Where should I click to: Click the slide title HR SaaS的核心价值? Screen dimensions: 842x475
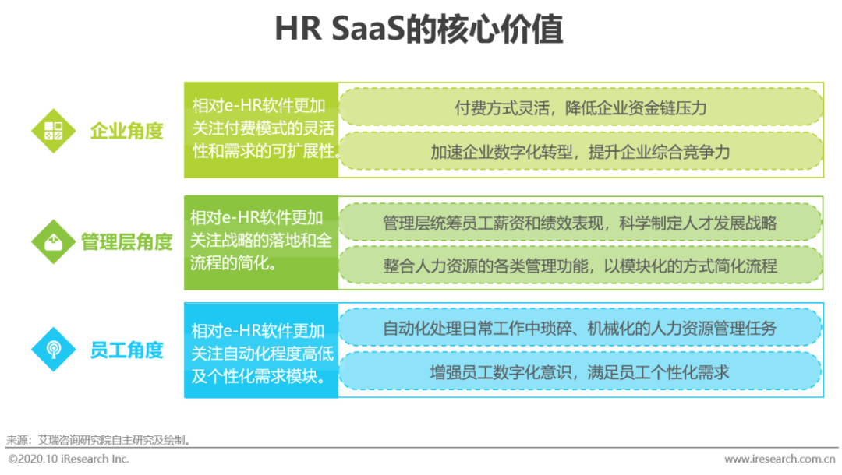pyautogui.click(x=419, y=31)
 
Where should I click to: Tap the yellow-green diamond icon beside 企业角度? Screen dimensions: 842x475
pyautogui.click(x=54, y=131)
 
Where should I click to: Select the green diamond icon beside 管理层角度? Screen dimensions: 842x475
pyautogui.click(x=54, y=241)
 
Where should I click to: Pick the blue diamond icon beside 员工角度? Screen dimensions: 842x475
pyautogui.click(x=54, y=349)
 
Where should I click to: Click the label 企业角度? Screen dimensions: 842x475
pyautogui.click(x=127, y=131)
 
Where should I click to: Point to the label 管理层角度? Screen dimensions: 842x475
pyautogui.click(x=127, y=242)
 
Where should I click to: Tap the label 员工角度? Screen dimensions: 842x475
pyautogui.click(x=127, y=350)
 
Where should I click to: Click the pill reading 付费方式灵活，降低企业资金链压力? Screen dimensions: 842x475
pyautogui.click(x=581, y=107)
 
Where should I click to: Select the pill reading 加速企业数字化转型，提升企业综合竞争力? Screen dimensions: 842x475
pyautogui.click(x=581, y=151)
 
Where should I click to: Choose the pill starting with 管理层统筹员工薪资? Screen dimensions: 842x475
pyautogui.click(x=580, y=223)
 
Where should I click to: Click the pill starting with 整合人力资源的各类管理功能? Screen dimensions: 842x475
pyautogui.click(x=580, y=266)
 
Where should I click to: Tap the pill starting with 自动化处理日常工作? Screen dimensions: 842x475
pyautogui.click(x=580, y=328)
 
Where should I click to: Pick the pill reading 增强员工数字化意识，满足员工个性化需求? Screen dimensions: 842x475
pyautogui.click(x=580, y=371)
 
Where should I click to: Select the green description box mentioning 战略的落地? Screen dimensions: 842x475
pyautogui.click(x=262, y=241)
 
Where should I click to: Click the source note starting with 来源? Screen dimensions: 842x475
pyautogui.click(x=99, y=440)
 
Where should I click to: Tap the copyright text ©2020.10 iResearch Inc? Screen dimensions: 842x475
pyautogui.click(x=69, y=459)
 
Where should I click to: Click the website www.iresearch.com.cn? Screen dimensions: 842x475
pyautogui.click(x=779, y=459)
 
